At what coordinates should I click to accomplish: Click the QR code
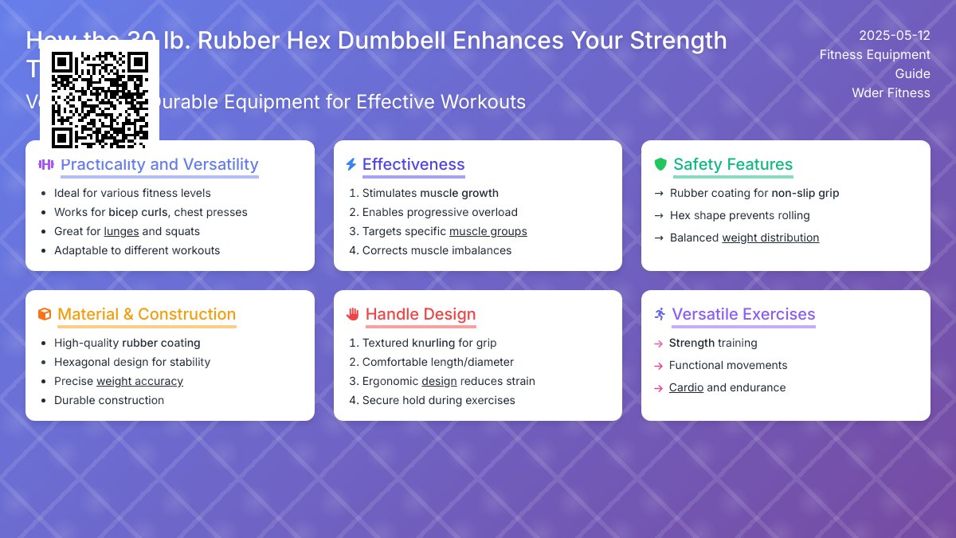tap(100, 100)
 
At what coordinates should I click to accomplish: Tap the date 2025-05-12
tap(894, 35)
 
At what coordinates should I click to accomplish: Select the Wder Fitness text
tap(891, 92)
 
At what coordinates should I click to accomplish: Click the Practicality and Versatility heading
tap(159, 164)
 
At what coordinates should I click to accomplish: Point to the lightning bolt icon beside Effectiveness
tap(351, 164)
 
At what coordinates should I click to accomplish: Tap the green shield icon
tap(660, 164)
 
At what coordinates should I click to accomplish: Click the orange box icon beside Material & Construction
tap(45, 314)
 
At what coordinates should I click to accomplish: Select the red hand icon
tap(353, 314)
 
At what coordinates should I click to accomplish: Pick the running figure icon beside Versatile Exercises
tap(659, 314)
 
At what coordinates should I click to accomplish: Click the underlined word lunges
tap(121, 231)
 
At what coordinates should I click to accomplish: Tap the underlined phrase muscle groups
tap(488, 231)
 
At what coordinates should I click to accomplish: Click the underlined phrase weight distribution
tap(770, 238)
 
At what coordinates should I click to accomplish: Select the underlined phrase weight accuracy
tap(139, 381)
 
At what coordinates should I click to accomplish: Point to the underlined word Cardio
tap(686, 387)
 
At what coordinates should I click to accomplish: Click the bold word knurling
tap(433, 343)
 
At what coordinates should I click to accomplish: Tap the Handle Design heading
tap(420, 314)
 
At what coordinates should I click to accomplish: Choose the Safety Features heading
tap(733, 164)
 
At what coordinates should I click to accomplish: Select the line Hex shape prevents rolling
tap(739, 215)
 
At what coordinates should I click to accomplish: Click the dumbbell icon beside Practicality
tap(46, 164)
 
